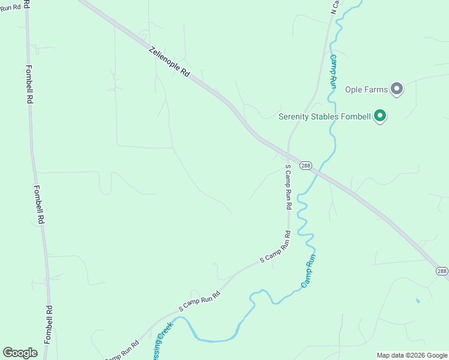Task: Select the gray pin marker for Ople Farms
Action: pyautogui.click(x=396, y=89)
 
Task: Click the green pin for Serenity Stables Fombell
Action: pyautogui.click(x=379, y=116)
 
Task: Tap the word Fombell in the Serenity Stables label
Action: pyautogui.click(x=355, y=116)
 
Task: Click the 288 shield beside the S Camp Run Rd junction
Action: pyautogui.click(x=306, y=166)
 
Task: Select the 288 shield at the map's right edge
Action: pyautogui.click(x=441, y=271)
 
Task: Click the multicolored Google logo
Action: pyautogui.click(x=20, y=353)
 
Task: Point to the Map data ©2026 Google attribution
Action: pyautogui.click(x=412, y=355)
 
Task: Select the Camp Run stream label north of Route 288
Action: pyautogui.click(x=333, y=71)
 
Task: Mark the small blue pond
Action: pyautogui.click(x=418, y=300)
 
